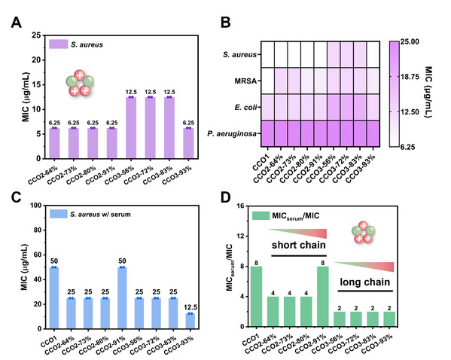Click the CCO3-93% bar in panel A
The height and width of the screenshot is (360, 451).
[188, 143]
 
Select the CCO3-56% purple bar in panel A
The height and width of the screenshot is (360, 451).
[131, 128]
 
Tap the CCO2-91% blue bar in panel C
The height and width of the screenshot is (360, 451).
[122, 297]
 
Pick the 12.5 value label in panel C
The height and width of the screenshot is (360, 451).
[190, 307]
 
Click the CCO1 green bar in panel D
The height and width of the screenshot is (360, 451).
[256, 297]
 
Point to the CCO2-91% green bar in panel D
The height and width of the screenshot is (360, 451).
[323, 297]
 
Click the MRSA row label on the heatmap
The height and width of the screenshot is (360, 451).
[245, 81]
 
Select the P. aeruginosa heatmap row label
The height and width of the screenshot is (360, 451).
[232, 134]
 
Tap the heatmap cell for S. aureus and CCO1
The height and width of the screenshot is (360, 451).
[267, 54]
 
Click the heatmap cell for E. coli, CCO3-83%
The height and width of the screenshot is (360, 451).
[360, 107]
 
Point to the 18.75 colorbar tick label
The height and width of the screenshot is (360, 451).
[410, 77]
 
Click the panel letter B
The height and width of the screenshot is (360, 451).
[226, 22]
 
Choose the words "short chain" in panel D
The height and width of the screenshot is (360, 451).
[299, 246]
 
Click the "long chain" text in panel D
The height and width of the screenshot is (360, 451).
[365, 282]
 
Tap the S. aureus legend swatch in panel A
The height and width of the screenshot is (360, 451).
[59, 44]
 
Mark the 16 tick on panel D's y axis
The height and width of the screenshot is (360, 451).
[240, 206]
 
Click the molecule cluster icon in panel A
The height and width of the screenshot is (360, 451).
[80, 83]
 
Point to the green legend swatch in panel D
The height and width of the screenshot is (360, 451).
[261, 215]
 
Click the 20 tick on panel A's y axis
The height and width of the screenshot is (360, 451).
[37, 60]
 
